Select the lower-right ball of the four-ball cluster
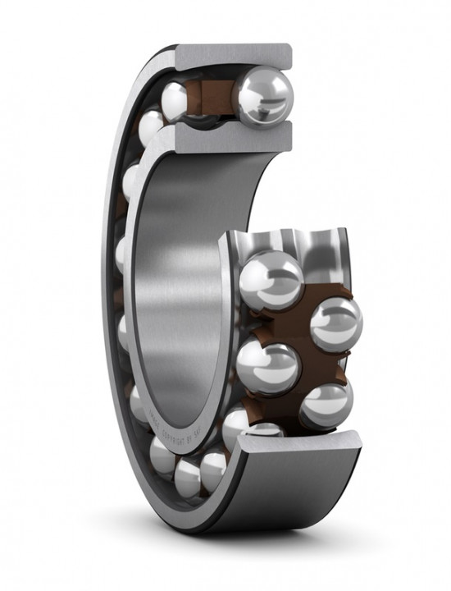click(326, 404)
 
